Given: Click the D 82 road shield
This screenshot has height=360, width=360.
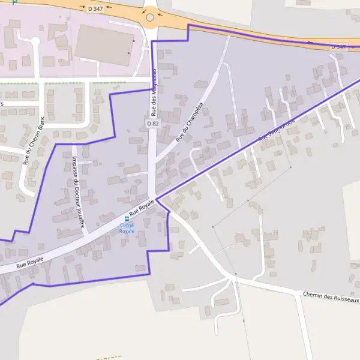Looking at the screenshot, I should [x=152, y=123].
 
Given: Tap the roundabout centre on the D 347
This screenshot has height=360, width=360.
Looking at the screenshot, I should [x=150, y=17].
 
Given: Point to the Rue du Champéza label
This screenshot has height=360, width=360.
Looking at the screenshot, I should [x=190, y=122].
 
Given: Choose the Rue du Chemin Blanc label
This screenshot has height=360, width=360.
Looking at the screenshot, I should [x=34, y=141].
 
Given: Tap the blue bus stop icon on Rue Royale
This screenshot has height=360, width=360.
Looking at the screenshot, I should [x=127, y=218].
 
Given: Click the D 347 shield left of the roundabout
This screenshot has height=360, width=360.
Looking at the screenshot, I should [x=95, y=8].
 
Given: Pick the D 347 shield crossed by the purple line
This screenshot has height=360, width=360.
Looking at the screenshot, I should [x=338, y=46].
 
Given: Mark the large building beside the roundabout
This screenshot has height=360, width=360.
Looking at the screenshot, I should [x=104, y=46].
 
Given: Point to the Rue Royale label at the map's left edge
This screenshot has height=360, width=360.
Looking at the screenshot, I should [x=29, y=260].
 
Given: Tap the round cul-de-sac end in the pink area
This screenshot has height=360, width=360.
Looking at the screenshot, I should [x=35, y=41].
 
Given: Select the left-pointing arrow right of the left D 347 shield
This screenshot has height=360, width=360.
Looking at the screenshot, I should [x=109, y=8].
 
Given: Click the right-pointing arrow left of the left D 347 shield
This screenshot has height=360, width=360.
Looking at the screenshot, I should [x=82, y=8].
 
